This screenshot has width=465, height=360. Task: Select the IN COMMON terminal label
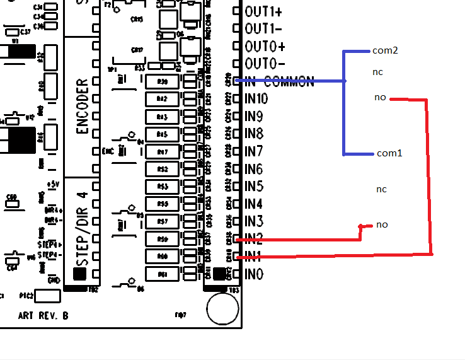pyautogui.click(x=279, y=81)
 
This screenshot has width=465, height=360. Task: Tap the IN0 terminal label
pyautogui.click(x=254, y=274)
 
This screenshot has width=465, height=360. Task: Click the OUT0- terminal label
pyautogui.click(x=265, y=64)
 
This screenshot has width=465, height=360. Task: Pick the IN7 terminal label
pyautogui.click(x=254, y=151)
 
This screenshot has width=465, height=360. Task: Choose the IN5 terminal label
pyautogui.click(x=254, y=187)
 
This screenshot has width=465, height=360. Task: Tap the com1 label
pyautogui.click(x=389, y=153)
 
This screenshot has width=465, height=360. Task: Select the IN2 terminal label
pyautogui.click(x=254, y=239)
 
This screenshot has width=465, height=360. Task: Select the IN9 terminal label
pyautogui.click(x=254, y=116)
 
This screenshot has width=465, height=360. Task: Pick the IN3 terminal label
pyautogui.click(x=254, y=221)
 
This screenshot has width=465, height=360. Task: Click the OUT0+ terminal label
pyautogui.click(x=265, y=47)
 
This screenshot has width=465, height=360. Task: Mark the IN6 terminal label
pyautogui.click(x=254, y=169)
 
